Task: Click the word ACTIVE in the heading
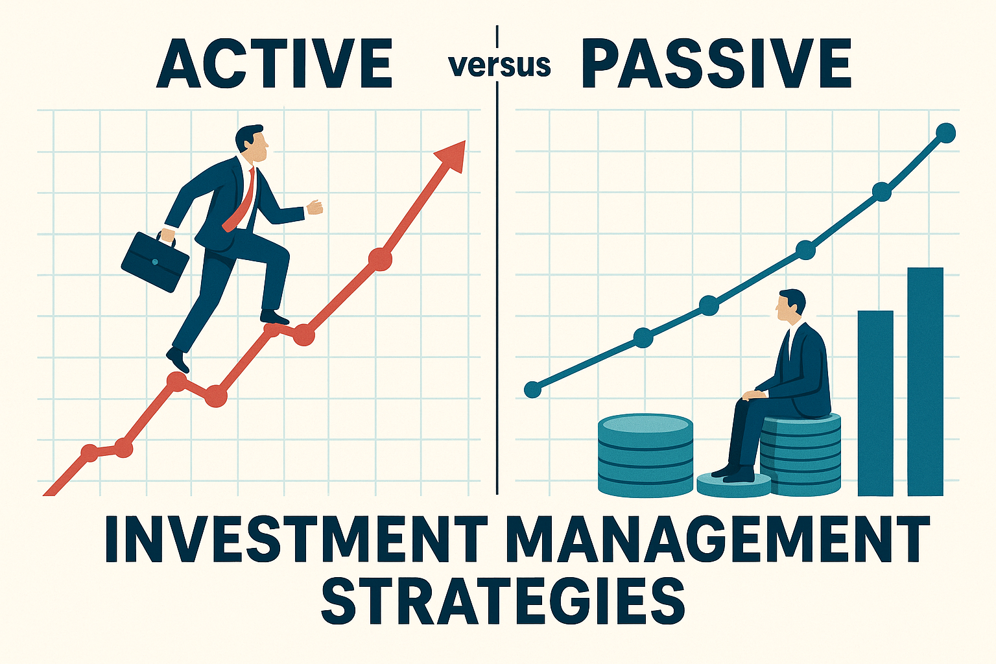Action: click(274, 64)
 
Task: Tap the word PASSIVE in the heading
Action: click(717, 64)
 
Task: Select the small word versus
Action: click(500, 66)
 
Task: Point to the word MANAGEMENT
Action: click(717, 539)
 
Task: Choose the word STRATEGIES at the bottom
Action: click(503, 600)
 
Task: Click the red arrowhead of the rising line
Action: click(451, 156)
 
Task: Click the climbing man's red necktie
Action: click(241, 201)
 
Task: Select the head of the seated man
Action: click(791, 306)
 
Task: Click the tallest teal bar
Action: click(925, 381)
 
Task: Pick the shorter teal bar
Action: click(875, 403)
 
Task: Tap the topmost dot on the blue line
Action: click(946, 132)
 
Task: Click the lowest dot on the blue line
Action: click(532, 390)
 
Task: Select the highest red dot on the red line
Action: click(380, 259)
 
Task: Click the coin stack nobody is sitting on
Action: click(645, 455)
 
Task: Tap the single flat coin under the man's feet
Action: click(733, 485)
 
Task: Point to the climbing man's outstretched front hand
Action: click(314, 207)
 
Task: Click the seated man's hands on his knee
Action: click(754, 395)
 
